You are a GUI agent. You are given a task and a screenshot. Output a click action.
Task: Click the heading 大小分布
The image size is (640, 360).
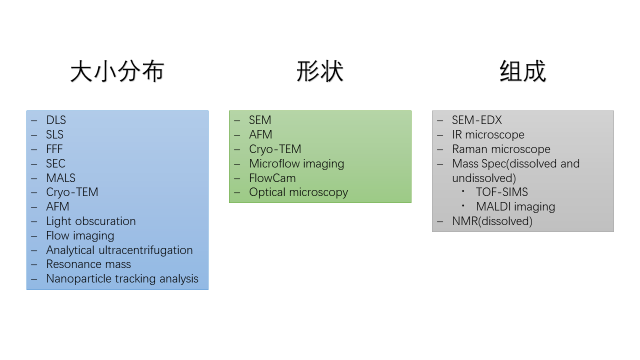[x=117, y=71]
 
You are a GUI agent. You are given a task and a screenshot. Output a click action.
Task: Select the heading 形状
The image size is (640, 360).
[x=320, y=71]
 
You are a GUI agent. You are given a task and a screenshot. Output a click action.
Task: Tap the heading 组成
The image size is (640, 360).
[x=523, y=71]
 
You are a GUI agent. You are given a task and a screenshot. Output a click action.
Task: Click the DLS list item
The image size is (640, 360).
[x=56, y=120]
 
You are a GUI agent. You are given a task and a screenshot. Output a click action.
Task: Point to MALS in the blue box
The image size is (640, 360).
[x=61, y=178]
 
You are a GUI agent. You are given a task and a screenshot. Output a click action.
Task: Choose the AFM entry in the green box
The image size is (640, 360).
[x=260, y=134]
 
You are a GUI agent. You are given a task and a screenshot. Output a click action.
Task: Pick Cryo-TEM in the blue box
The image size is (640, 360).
[x=72, y=192]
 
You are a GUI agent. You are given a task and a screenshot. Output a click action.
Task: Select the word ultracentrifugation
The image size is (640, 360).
[x=145, y=250]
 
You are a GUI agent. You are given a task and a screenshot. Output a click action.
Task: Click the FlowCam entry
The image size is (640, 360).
[x=272, y=178]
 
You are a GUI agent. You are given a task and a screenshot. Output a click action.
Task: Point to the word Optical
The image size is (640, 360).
[x=267, y=192]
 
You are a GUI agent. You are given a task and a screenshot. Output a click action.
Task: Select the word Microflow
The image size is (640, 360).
[x=274, y=163]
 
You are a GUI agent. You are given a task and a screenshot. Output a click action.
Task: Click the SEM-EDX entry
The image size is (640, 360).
[x=477, y=120]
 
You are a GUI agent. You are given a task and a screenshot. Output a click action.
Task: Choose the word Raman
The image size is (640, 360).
[x=470, y=149]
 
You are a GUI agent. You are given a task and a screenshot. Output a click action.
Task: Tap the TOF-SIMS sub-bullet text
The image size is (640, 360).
[x=502, y=192]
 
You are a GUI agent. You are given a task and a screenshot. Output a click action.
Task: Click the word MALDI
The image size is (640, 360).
[x=493, y=206]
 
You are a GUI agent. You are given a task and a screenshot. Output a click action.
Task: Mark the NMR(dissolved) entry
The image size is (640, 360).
[x=492, y=221]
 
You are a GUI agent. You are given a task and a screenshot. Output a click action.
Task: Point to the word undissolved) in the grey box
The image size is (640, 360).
[x=484, y=178]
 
